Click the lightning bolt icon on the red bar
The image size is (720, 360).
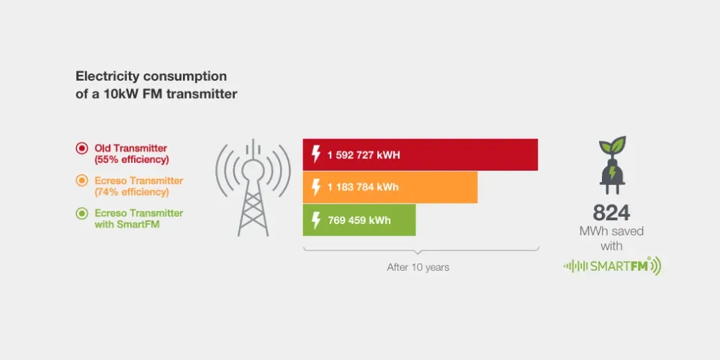click(315, 155)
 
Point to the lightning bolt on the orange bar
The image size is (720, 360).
click(315, 187)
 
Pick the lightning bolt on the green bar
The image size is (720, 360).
click(315, 220)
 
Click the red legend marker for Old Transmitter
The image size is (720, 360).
click(81, 148)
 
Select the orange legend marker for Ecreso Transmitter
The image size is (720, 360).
click(81, 181)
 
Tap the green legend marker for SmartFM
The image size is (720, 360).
click(81, 213)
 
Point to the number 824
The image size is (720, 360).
click(611, 212)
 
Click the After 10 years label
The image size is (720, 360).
click(418, 267)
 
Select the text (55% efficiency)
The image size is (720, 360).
click(132, 159)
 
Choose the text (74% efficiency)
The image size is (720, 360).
click(132, 192)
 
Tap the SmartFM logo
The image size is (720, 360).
click(611, 266)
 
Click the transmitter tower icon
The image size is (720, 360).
click(253, 187)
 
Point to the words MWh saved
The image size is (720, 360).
click(611, 231)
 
